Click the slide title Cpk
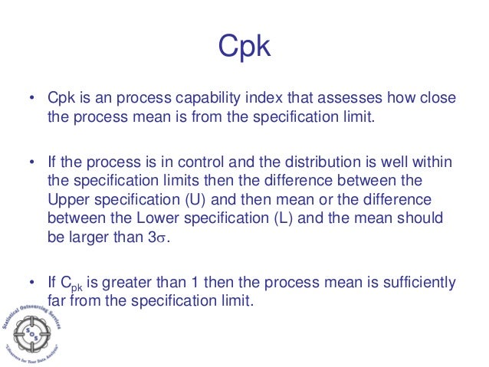[244, 47]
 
